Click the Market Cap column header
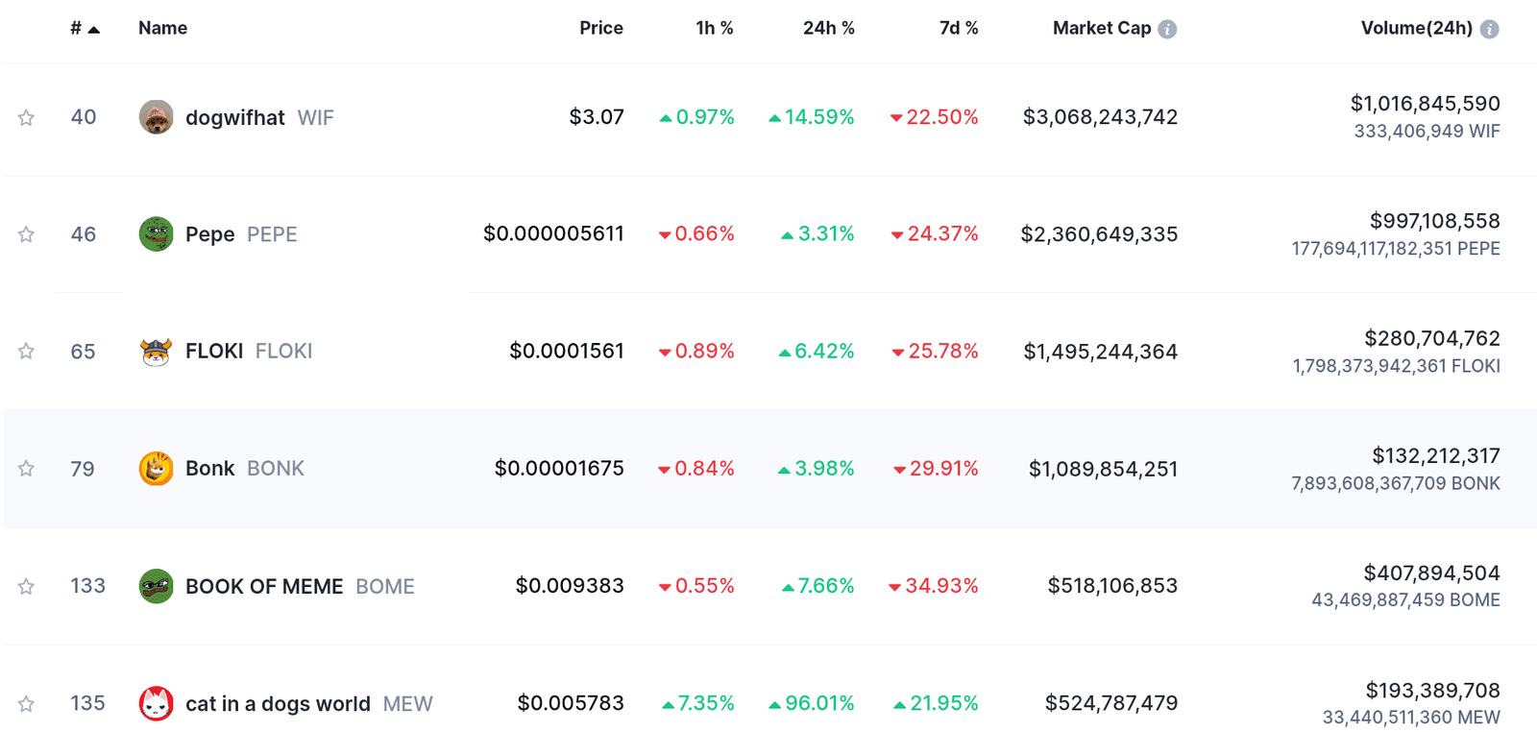1101,29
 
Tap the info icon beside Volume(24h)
1489,30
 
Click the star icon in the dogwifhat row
26,118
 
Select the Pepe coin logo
156,233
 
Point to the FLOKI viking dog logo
156,352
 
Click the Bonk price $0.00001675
558,469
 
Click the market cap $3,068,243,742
1100,117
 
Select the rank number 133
87,586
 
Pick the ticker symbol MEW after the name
407,704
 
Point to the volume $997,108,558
1434,221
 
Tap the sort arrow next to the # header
94,30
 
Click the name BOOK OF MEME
264,587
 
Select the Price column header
600,29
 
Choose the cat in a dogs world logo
156,703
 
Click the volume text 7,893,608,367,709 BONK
1395,483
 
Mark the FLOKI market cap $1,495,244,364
1100,352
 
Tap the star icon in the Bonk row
26,469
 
